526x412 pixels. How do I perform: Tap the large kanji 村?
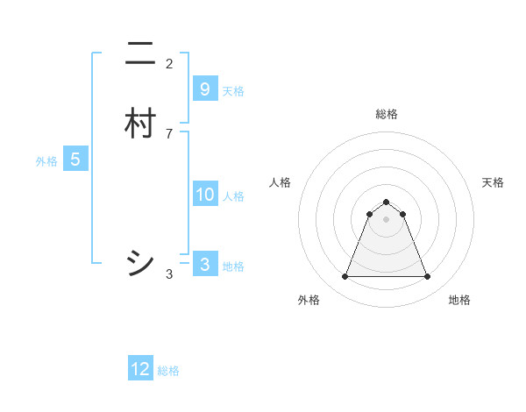click(139, 123)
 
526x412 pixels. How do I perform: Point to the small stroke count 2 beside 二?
click(169, 64)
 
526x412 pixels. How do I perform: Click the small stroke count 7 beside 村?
click(169, 133)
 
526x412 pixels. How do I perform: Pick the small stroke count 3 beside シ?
click(169, 274)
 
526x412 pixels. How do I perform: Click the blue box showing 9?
click(204, 89)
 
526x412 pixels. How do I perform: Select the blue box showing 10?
click(204, 195)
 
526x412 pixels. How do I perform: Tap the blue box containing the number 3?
click(204, 265)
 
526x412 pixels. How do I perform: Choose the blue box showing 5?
click(75, 160)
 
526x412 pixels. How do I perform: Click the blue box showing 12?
click(140, 369)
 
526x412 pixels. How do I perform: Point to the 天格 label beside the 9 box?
click(233, 91)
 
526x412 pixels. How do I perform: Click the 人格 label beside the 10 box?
click(233, 196)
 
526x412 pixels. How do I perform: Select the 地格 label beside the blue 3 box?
click(233, 266)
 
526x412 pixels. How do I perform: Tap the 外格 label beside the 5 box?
click(46, 161)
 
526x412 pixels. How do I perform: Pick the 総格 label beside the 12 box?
click(168, 371)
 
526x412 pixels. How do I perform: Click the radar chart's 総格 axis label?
click(386, 114)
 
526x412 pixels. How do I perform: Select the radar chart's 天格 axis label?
click(493, 182)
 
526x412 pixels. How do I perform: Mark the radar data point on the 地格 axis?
click(427, 277)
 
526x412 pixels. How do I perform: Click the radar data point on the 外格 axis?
click(345, 277)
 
